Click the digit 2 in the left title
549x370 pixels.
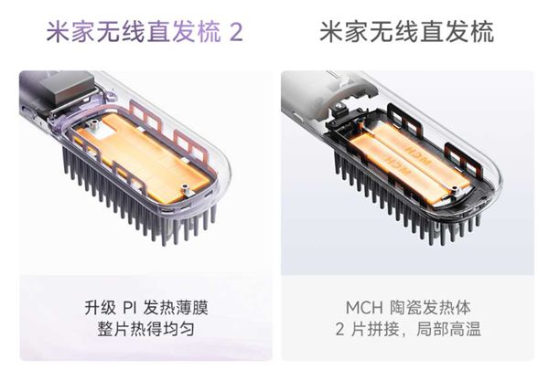pos(235,32)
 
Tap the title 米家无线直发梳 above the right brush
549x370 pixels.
pos(407,32)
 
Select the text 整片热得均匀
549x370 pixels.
pos(145,329)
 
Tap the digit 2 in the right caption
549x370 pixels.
pos(339,330)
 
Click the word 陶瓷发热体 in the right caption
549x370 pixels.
pos(430,308)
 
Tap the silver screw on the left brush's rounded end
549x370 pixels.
pos(185,189)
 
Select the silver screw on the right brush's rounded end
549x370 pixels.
pos(455,190)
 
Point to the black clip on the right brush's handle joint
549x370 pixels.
pos(339,113)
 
